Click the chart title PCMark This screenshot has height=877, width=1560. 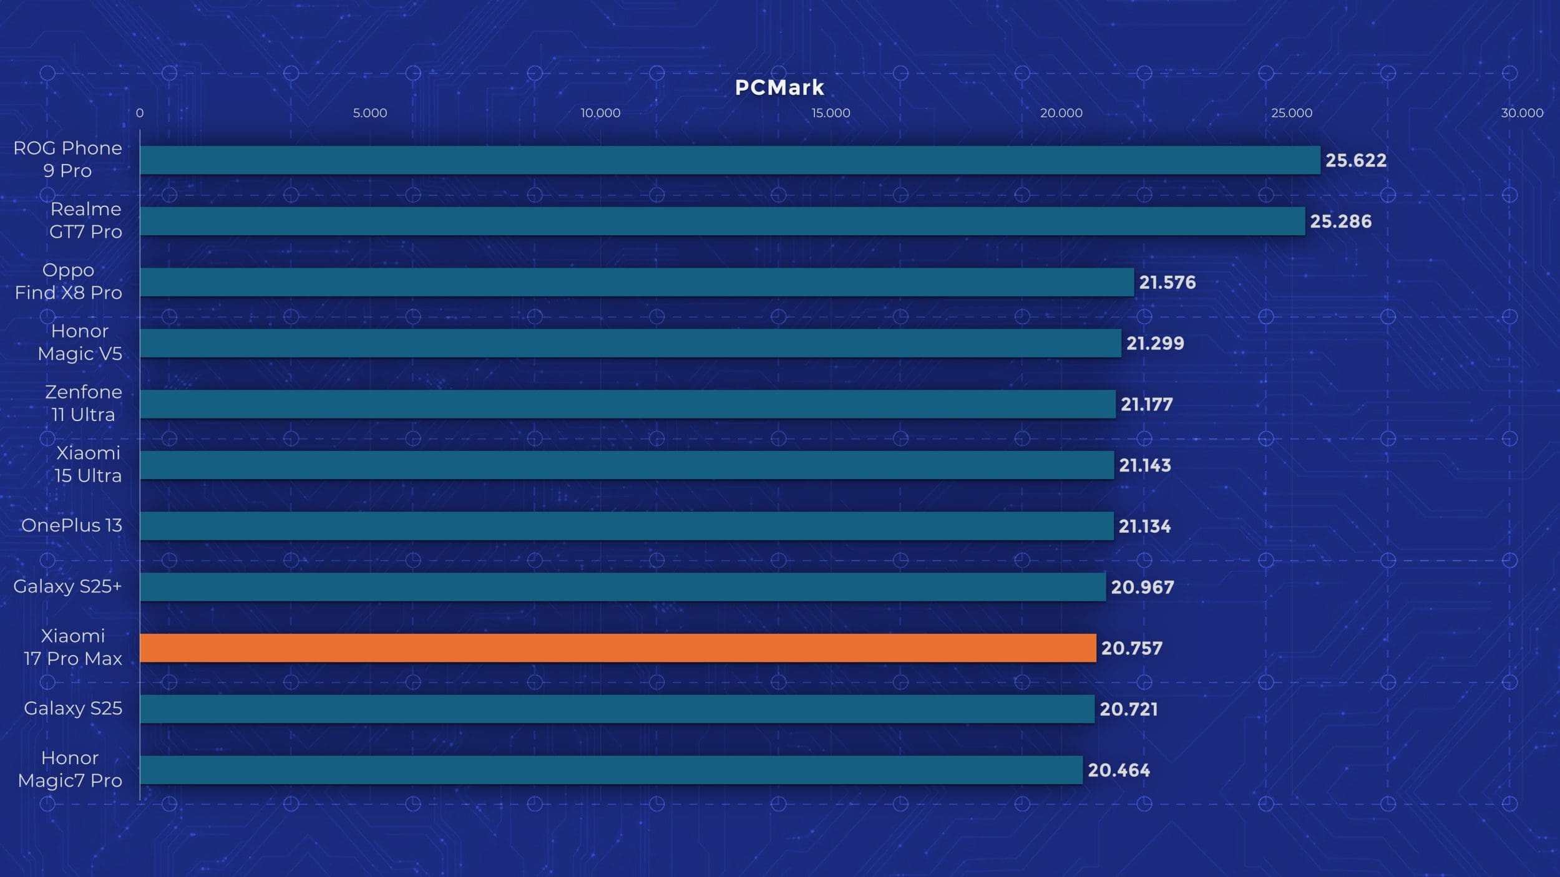[779, 88]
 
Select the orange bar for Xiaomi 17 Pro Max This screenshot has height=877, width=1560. [618, 647]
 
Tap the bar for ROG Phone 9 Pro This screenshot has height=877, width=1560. [730, 160]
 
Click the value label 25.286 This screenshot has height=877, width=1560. [1340, 221]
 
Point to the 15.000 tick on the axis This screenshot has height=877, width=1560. [831, 113]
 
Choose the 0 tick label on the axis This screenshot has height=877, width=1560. [140, 113]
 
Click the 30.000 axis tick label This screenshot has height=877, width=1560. [1521, 113]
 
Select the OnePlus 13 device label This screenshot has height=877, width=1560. [72, 525]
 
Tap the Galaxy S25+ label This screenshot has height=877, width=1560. [67, 586]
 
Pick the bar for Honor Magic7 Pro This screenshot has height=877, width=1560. [612, 770]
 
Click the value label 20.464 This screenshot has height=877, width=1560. [1119, 770]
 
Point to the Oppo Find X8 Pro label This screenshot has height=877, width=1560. [69, 281]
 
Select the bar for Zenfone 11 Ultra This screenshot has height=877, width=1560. [628, 404]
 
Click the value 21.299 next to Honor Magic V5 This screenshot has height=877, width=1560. [1155, 343]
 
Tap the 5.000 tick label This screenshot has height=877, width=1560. [370, 113]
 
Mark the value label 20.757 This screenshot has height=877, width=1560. [1131, 648]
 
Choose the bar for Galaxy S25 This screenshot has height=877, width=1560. [617, 709]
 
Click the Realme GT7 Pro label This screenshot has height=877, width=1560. [85, 220]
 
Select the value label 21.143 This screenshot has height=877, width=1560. [1144, 465]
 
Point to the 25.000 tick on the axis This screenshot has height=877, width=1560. [1292, 113]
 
